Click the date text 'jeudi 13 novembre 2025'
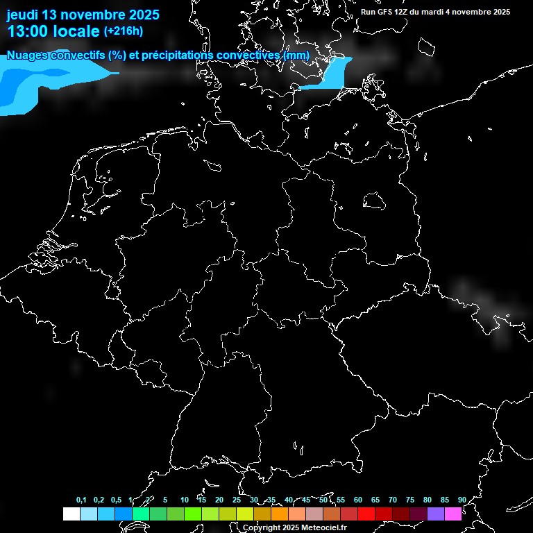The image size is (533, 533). click(83, 15)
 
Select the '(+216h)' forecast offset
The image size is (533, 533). click(124, 31)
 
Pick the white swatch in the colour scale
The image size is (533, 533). click(71, 514)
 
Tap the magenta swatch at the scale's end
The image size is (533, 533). click(452, 514)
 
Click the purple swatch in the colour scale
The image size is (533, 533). click(435, 514)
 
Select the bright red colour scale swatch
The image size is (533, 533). click(366, 514)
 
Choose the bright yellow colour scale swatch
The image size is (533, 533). click(244, 514)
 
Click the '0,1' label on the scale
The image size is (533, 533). click(81, 500)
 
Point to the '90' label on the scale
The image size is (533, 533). click(462, 500)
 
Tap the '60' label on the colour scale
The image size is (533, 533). click(357, 500)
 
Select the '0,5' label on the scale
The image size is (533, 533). click(116, 500)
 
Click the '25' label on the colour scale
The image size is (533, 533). click(236, 500)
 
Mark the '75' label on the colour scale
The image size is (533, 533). click(409, 500)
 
